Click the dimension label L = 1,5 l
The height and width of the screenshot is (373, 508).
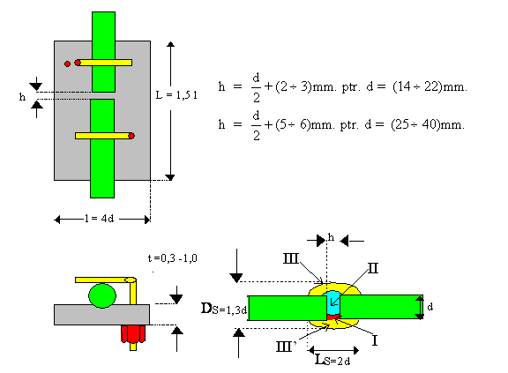[x=176, y=95]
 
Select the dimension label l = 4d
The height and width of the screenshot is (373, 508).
[x=99, y=219]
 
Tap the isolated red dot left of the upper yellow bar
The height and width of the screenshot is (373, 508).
[x=67, y=63]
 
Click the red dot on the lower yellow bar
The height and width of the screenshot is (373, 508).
[x=131, y=136]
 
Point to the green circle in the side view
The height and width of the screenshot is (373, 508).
[x=102, y=295]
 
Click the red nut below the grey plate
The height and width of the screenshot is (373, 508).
[x=133, y=334]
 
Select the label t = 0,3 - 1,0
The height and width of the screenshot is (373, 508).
[x=173, y=258]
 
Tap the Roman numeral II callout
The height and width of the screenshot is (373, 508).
[x=373, y=268]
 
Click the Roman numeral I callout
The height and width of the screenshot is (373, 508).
[x=375, y=340]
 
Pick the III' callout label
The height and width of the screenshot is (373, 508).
[x=286, y=347]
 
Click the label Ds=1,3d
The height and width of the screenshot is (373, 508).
[x=224, y=309]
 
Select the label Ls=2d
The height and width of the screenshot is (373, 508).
[x=332, y=360]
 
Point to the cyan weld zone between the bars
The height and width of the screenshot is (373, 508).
[x=333, y=303]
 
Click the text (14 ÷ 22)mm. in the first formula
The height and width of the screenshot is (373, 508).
[x=430, y=86]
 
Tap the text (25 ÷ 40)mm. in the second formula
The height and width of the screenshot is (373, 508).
[x=428, y=124]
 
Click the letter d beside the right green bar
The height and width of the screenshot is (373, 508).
[x=430, y=307]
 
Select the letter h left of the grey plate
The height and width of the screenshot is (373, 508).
[x=22, y=96]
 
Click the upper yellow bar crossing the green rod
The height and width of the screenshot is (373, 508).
[x=104, y=63]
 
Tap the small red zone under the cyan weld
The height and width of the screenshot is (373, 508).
[x=333, y=317]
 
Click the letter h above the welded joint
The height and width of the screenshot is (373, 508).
[x=331, y=237]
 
